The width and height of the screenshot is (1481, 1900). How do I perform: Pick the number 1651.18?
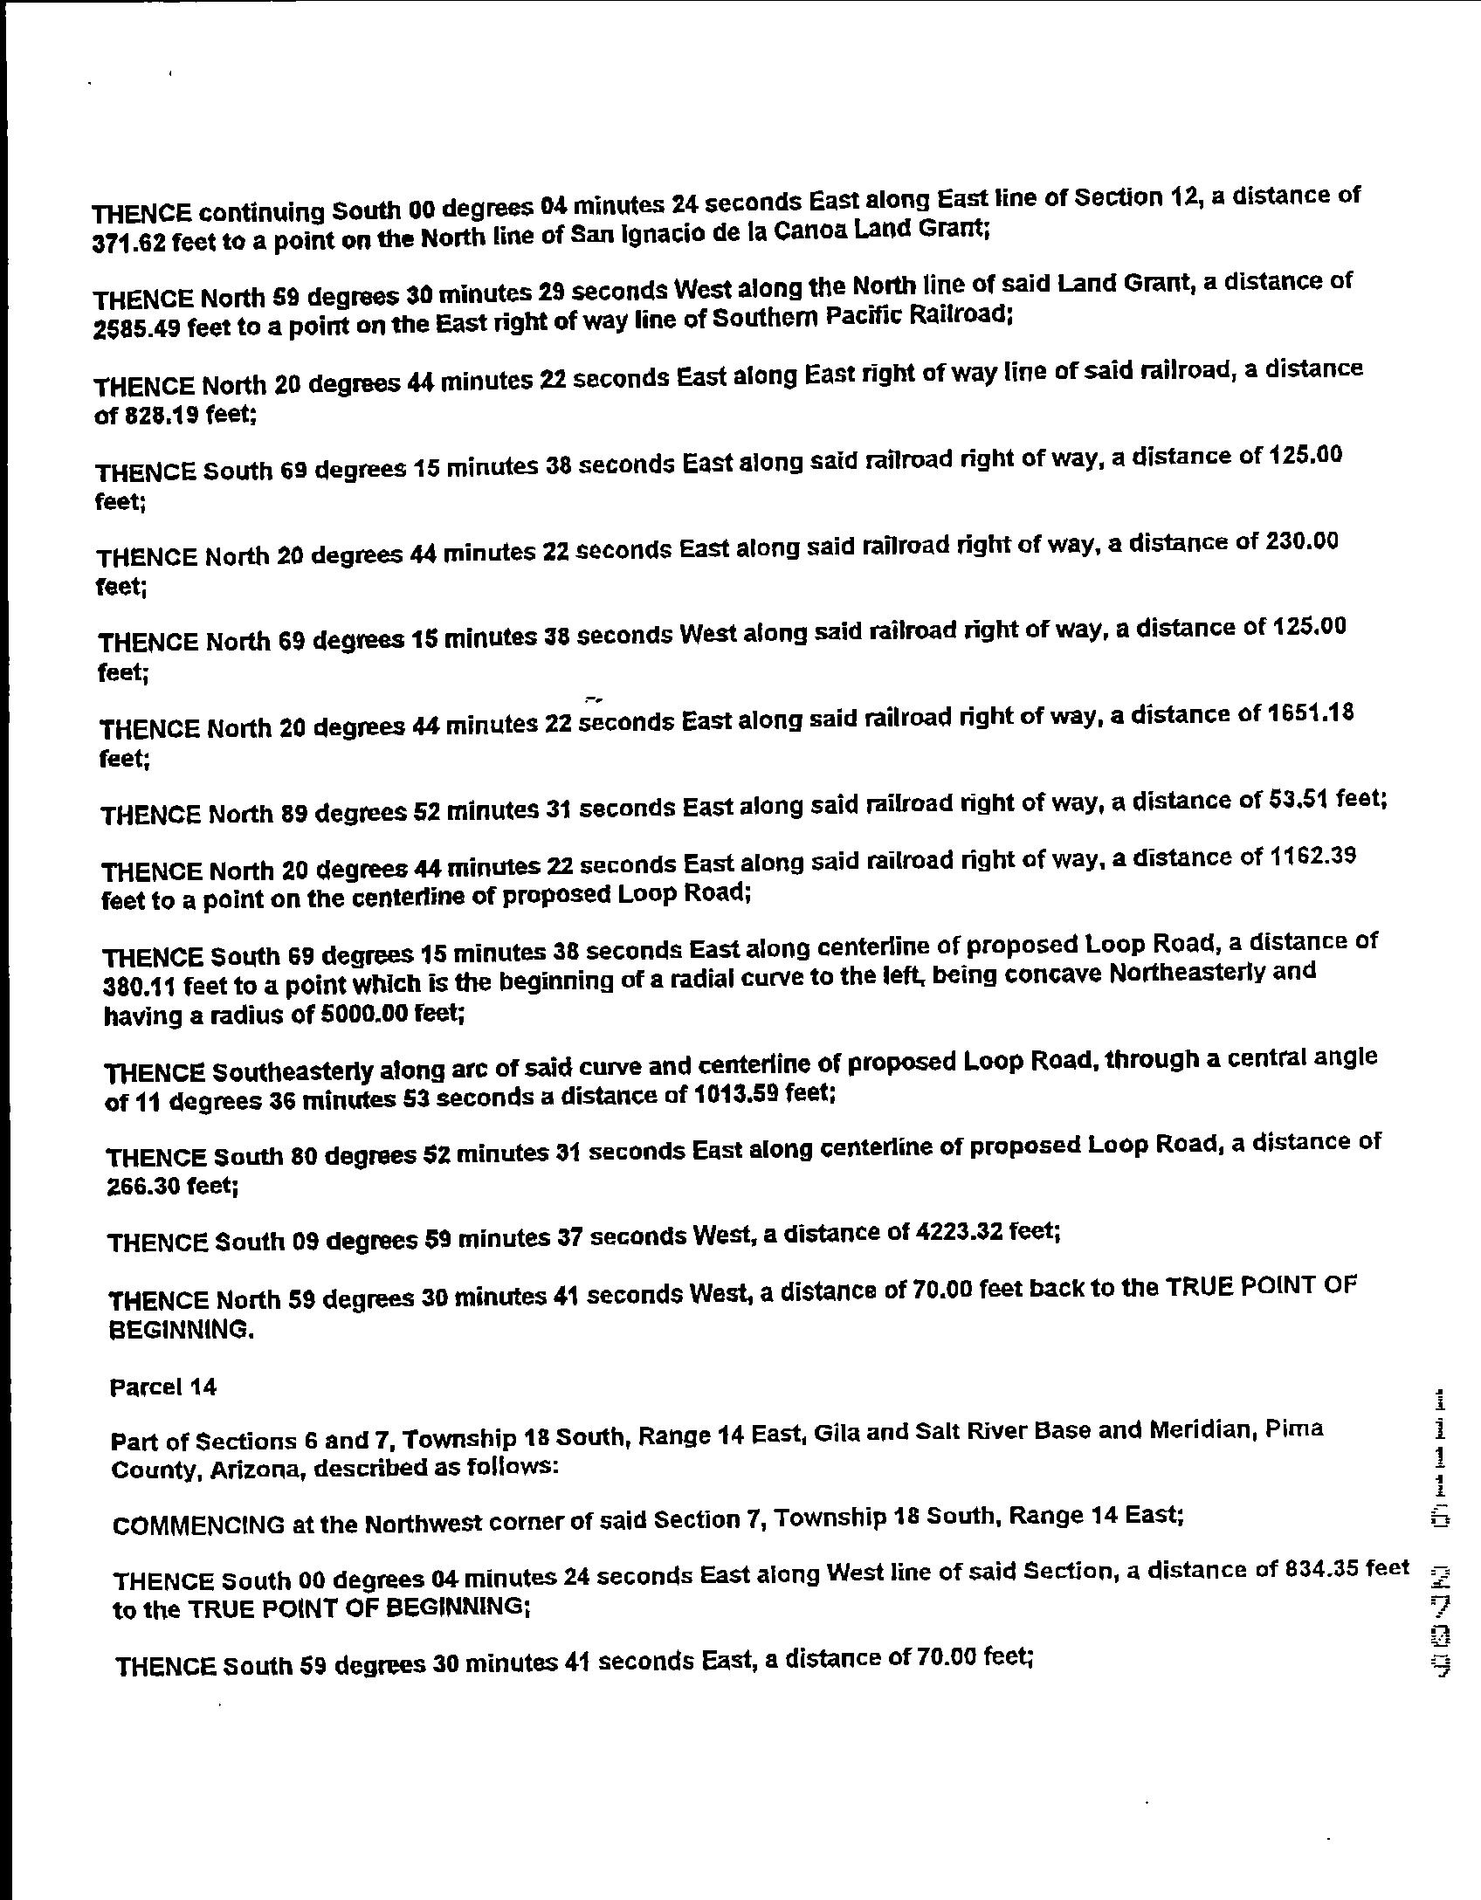pos(1307,713)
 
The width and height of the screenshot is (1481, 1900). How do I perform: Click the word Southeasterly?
pos(294,1070)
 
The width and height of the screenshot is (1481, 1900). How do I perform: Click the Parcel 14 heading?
pos(163,1387)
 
